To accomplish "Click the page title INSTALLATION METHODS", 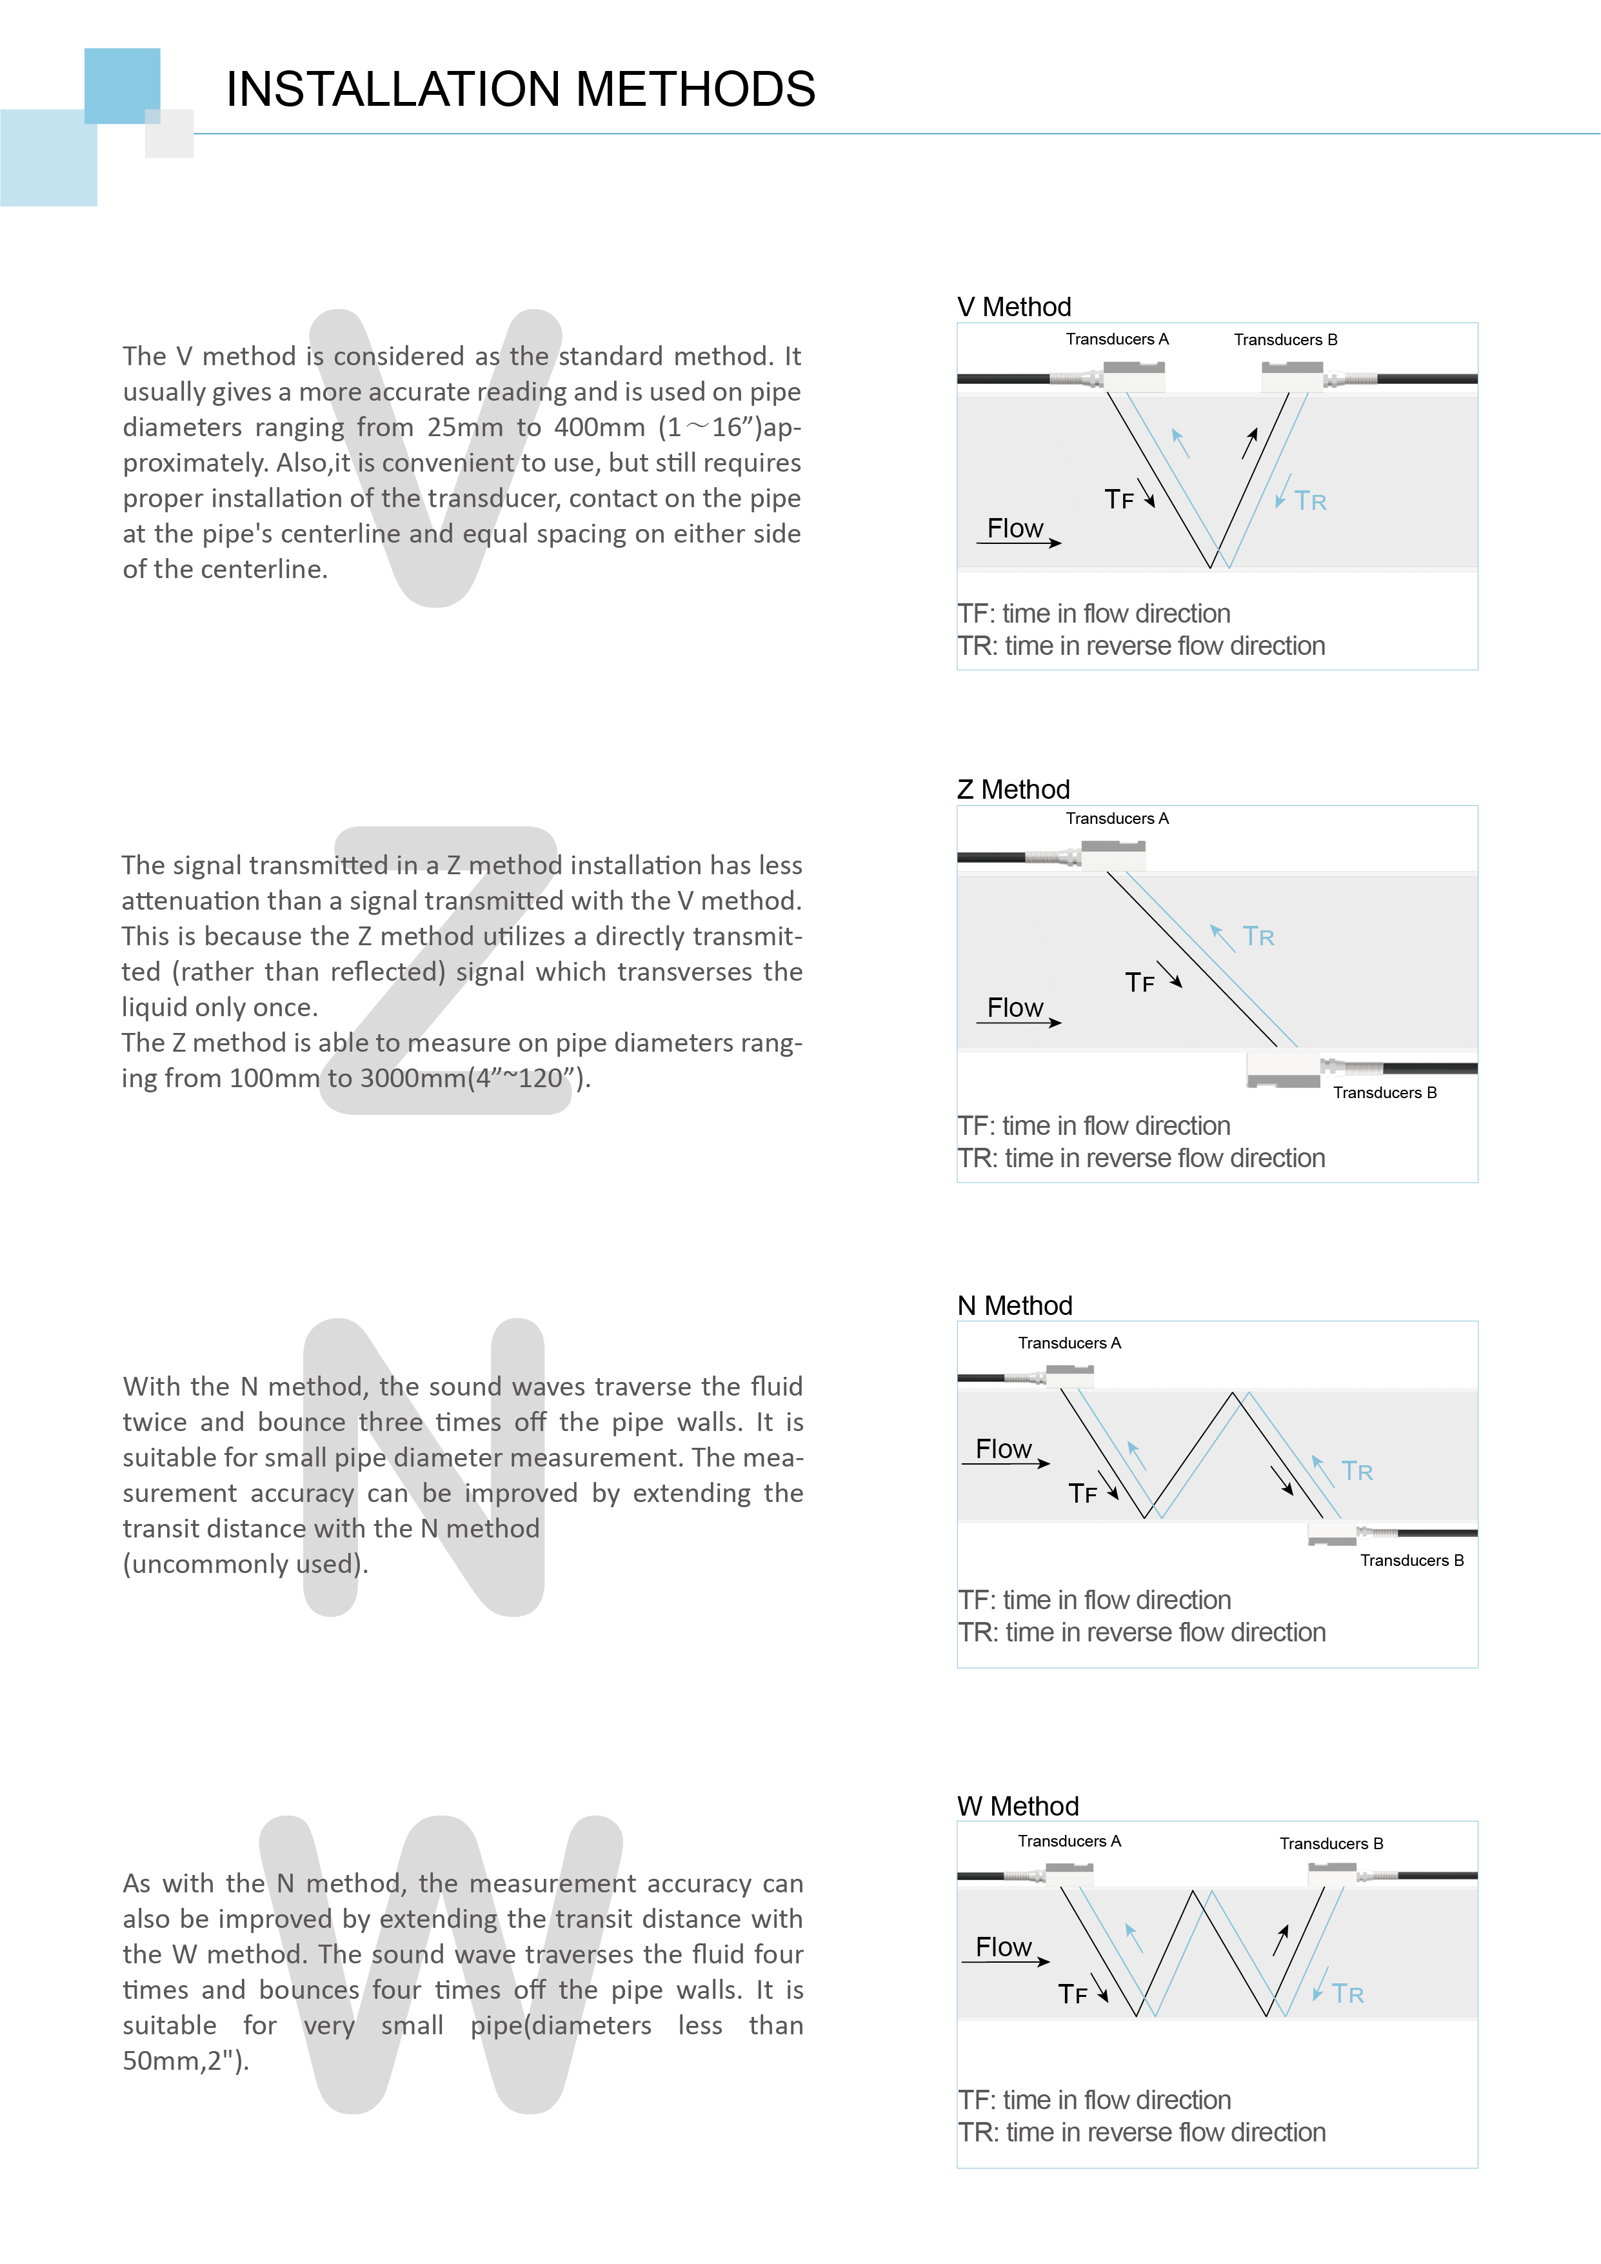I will click(521, 90).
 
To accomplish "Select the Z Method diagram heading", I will click(1013, 790).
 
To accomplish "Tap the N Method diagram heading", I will click(1015, 1305).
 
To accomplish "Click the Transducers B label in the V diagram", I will click(1286, 340).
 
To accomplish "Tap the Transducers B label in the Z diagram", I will click(1384, 1092).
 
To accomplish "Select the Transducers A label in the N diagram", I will click(1069, 1343).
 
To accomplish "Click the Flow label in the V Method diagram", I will click(1015, 528).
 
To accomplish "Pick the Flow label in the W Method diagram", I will click(1002, 1947).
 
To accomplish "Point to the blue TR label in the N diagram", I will click(1358, 1472).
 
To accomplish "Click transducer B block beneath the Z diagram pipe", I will click(1284, 1069).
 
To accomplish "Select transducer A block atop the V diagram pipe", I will click(1134, 376).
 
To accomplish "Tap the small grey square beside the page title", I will click(168, 133).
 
